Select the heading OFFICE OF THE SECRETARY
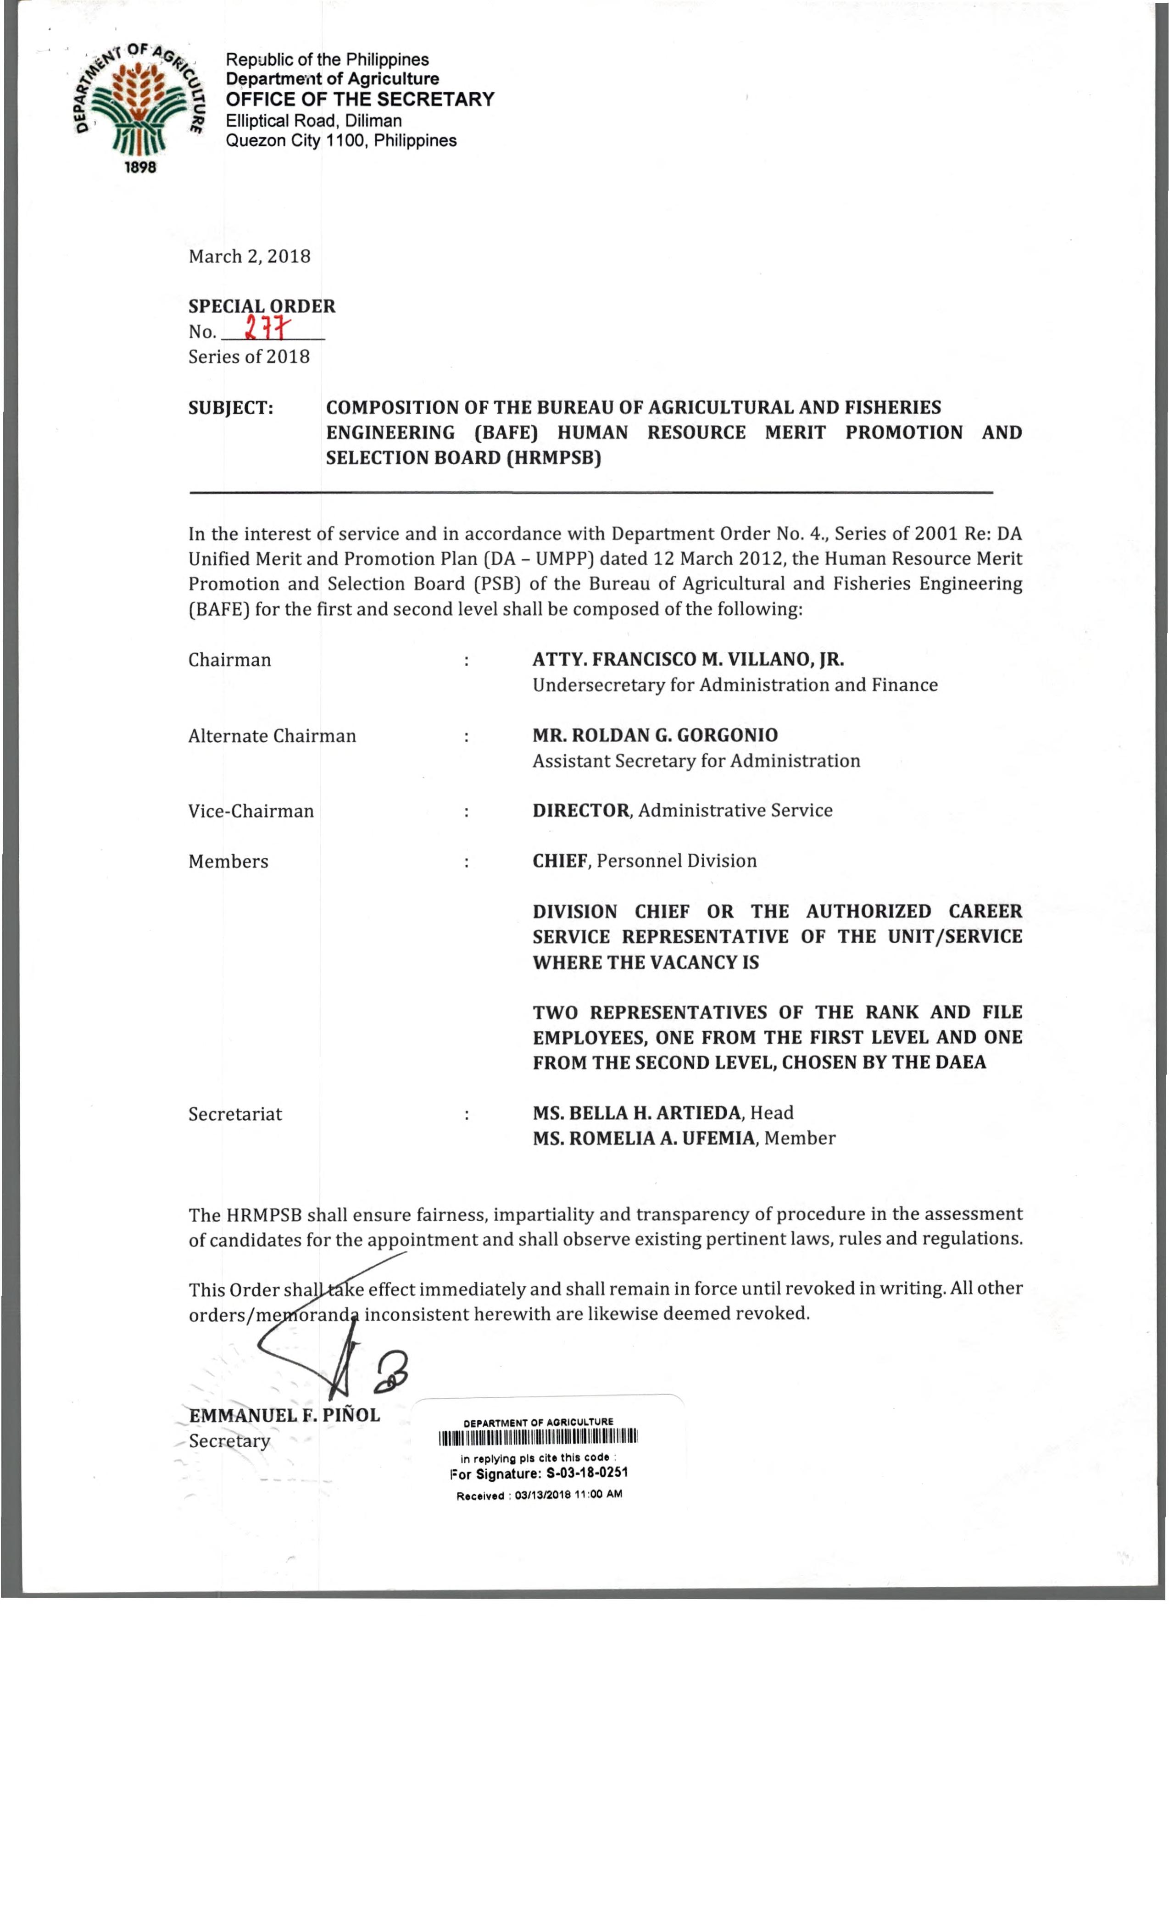coord(360,100)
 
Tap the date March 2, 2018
coord(249,257)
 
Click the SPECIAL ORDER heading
coord(262,306)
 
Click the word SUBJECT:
coord(230,408)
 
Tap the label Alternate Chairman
coord(272,736)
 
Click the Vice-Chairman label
coord(250,811)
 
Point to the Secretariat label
coord(235,1114)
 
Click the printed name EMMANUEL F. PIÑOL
coord(284,1415)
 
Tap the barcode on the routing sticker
coord(539,1437)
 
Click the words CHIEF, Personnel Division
coord(645,861)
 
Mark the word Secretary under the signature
coord(229,1441)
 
